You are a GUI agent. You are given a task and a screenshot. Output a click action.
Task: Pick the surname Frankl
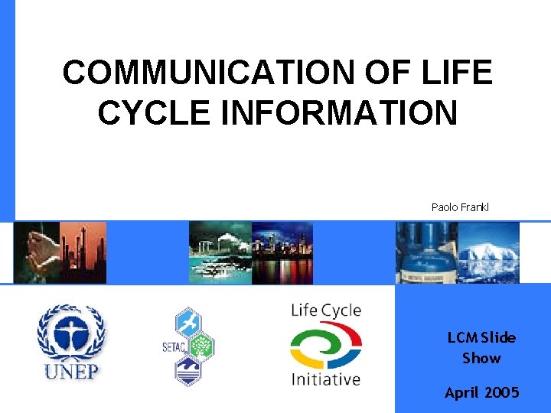[x=474, y=207]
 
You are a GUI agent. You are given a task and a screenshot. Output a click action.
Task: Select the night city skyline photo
[x=282, y=252]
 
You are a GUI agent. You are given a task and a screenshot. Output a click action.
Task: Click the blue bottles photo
[x=426, y=252]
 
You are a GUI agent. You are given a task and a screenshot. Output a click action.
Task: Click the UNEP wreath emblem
[x=73, y=334]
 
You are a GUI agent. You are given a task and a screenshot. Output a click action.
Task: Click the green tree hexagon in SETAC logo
[x=202, y=346]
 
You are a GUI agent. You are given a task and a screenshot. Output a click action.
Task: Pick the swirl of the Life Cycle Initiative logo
[x=326, y=345]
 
